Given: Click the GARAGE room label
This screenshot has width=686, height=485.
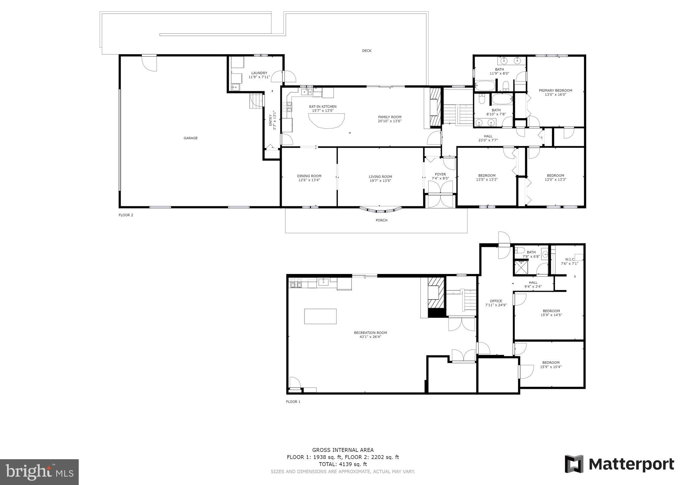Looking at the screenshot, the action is [x=191, y=138].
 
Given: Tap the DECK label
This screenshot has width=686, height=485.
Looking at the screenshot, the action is [x=367, y=51].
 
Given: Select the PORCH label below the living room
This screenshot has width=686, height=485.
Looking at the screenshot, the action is [x=382, y=220].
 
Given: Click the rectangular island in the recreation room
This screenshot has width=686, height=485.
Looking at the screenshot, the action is [x=320, y=317].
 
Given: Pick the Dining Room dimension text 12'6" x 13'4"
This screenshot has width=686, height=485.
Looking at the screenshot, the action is [x=309, y=180].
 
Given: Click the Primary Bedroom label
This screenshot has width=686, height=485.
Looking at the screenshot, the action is [x=555, y=90].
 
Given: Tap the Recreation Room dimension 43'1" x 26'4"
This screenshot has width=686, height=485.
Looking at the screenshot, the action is [x=370, y=337].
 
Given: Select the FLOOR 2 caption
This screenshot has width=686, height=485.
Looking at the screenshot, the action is [x=126, y=215].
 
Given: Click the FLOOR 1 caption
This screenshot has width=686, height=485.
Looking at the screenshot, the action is [x=293, y=402].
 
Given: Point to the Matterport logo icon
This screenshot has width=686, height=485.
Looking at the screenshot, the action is [x=574, y=464].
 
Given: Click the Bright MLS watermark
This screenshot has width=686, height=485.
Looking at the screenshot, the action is [x=40, y=472].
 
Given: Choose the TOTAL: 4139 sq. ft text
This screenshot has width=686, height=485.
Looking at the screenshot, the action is [x=343, y=464].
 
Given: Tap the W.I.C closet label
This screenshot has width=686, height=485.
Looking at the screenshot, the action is [x=569, y=259].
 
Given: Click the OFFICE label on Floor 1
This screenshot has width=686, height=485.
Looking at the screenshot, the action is [x=496, y=301].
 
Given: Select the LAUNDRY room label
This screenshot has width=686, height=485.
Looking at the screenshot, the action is [x=259, y=73].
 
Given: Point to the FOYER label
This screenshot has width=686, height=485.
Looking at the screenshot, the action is [x=440, y=175].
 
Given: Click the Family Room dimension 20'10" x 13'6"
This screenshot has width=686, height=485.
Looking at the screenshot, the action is [x=390, y=121].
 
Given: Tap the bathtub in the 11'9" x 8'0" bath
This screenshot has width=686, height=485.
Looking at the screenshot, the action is [x=485, y=86].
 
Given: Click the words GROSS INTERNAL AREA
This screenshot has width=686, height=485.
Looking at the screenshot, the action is [x=343, y=450].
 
